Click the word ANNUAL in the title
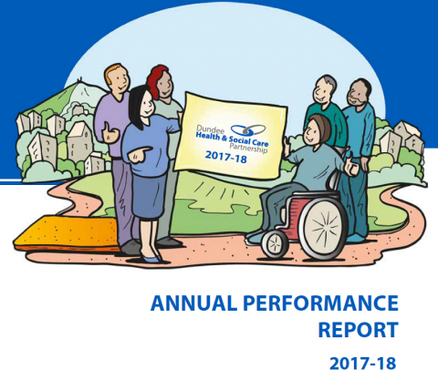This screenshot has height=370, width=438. (193, 303)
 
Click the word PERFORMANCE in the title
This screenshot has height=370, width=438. (320, 303)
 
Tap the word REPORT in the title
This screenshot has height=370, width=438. (358, 330)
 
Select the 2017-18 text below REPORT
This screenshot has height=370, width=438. (363, 363)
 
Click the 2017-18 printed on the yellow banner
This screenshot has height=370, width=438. (225, 156)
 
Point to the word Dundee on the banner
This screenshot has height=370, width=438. (211, 130)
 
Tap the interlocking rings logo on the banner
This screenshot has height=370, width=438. (248, 130)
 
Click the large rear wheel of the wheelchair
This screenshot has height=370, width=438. (323, 230)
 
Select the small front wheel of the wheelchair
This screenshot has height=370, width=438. (275, 243)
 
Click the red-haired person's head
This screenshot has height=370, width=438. (160, 81)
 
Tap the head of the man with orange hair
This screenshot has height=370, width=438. (117, 79)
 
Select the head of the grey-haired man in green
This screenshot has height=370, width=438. (325, 89)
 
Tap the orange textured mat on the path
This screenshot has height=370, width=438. (66, 231)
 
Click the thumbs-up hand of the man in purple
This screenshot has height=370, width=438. (110, 133)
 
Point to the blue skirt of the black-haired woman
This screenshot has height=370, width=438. (149, 195)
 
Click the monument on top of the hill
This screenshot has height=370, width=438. (80, 80)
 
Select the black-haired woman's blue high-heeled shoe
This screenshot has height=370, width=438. (151, 259)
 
